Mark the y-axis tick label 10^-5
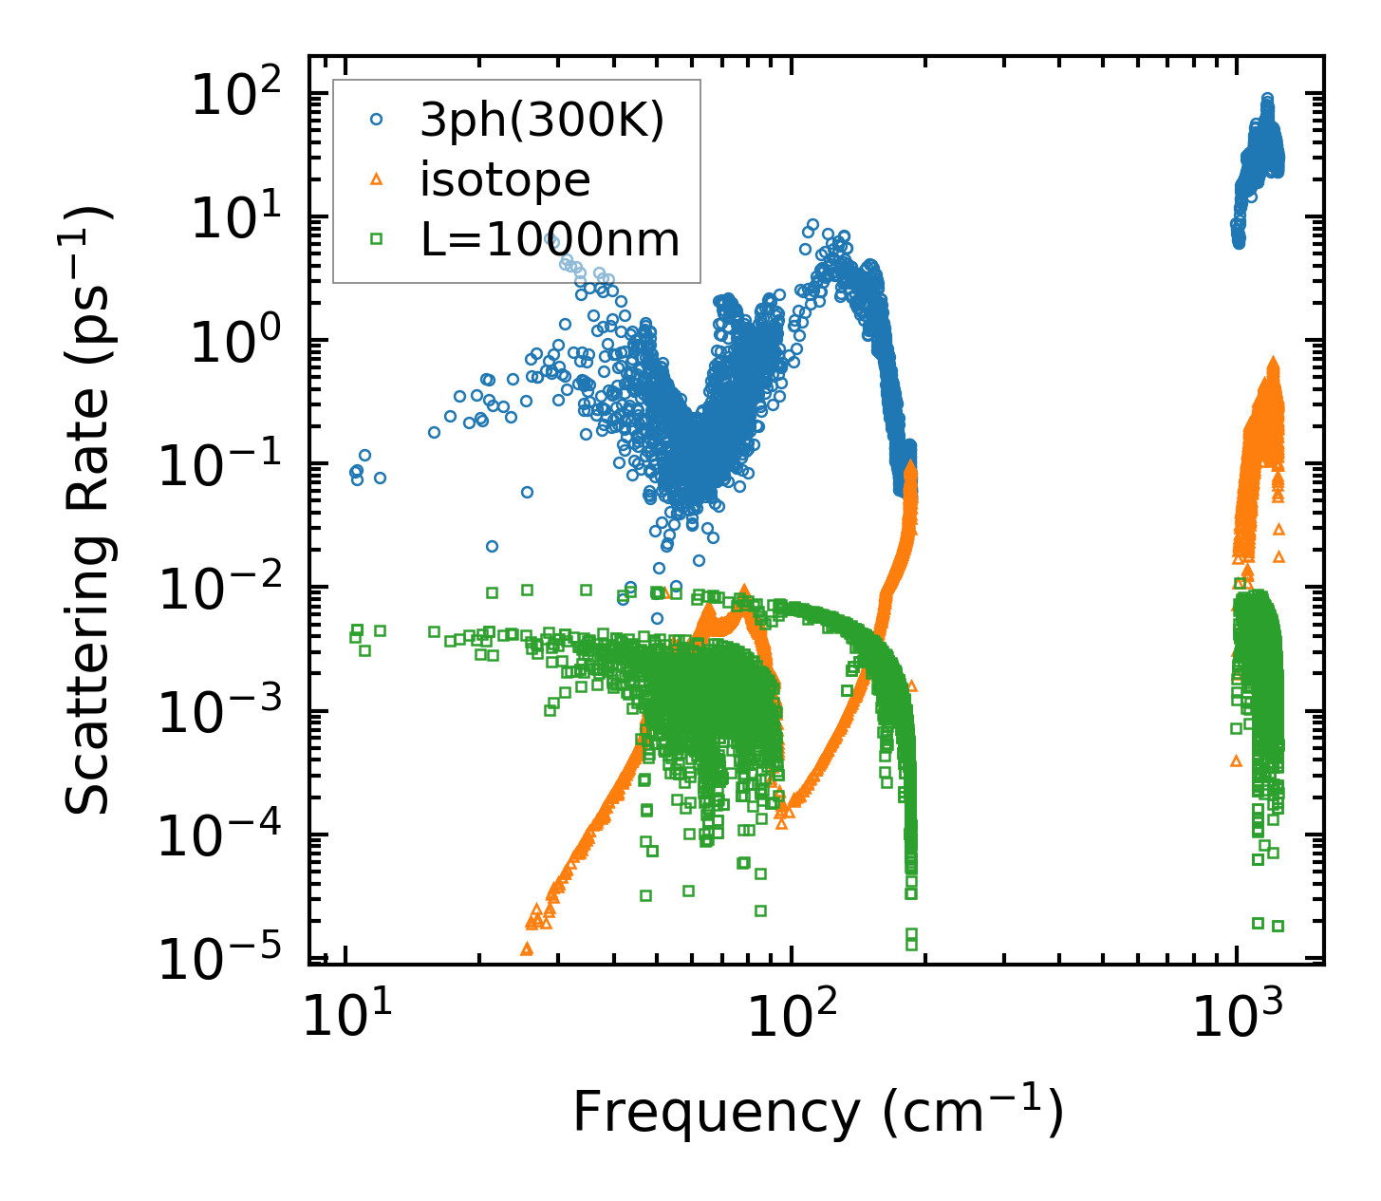(x=228, y=959)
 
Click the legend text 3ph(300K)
(x=542, y=121)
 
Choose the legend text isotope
(x=505, y=179)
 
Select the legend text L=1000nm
(x=551, y=239)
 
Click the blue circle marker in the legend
(x=377, y=121)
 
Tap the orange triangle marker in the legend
(x=377, y=179)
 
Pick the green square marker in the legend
(x=377, y=239)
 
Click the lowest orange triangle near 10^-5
(x=527, y=948)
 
